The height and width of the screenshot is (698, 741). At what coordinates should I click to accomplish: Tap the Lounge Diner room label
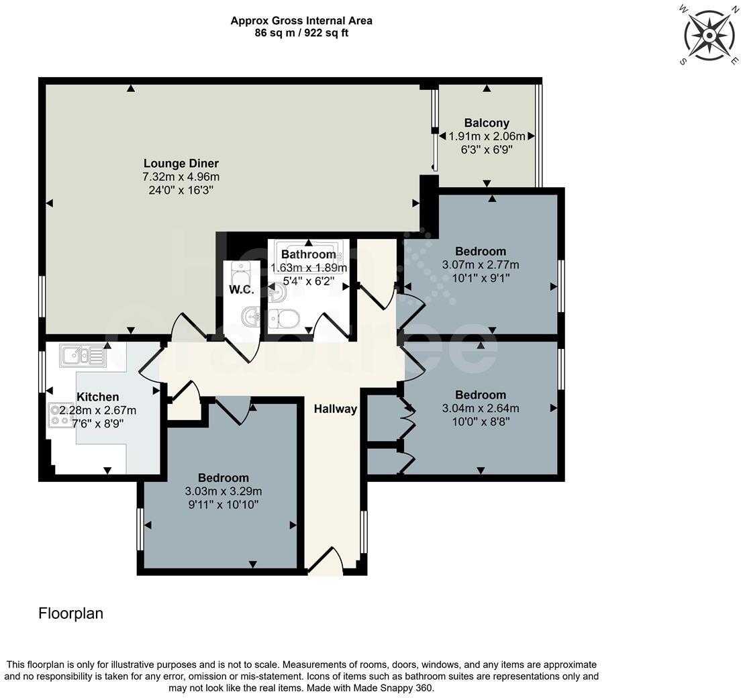(x=181, y=163)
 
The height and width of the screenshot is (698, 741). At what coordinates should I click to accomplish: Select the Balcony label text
(x=487, y=123)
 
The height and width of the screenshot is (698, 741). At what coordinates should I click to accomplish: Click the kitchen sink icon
(x=83, y=355)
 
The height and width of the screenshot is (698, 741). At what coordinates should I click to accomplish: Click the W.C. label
(x=241, y=290)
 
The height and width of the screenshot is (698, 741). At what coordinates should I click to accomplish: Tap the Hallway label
(x=336, y=409)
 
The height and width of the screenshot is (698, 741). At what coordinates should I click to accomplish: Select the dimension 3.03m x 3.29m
(x=224, y=491)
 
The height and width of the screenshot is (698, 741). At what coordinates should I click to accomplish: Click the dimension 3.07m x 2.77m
(x=481, y=264)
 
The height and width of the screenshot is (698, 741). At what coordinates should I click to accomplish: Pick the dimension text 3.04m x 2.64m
(x=481, y=408)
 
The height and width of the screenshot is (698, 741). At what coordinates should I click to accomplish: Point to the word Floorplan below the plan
(x=71, y=613)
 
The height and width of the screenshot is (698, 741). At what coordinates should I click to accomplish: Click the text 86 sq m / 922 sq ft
(x=301, y=33)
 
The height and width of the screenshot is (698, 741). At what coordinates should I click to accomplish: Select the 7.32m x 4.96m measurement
(x=181, y=177)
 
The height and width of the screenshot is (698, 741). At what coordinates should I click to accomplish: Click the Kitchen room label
(x=98, y=397)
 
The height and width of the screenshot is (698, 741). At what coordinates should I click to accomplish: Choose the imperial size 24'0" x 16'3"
(x=181, y=190)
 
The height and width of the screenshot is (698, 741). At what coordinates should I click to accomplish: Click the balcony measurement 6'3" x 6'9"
(x=487, y=149)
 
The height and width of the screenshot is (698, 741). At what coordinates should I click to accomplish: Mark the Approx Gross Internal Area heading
(x=301, y=21)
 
